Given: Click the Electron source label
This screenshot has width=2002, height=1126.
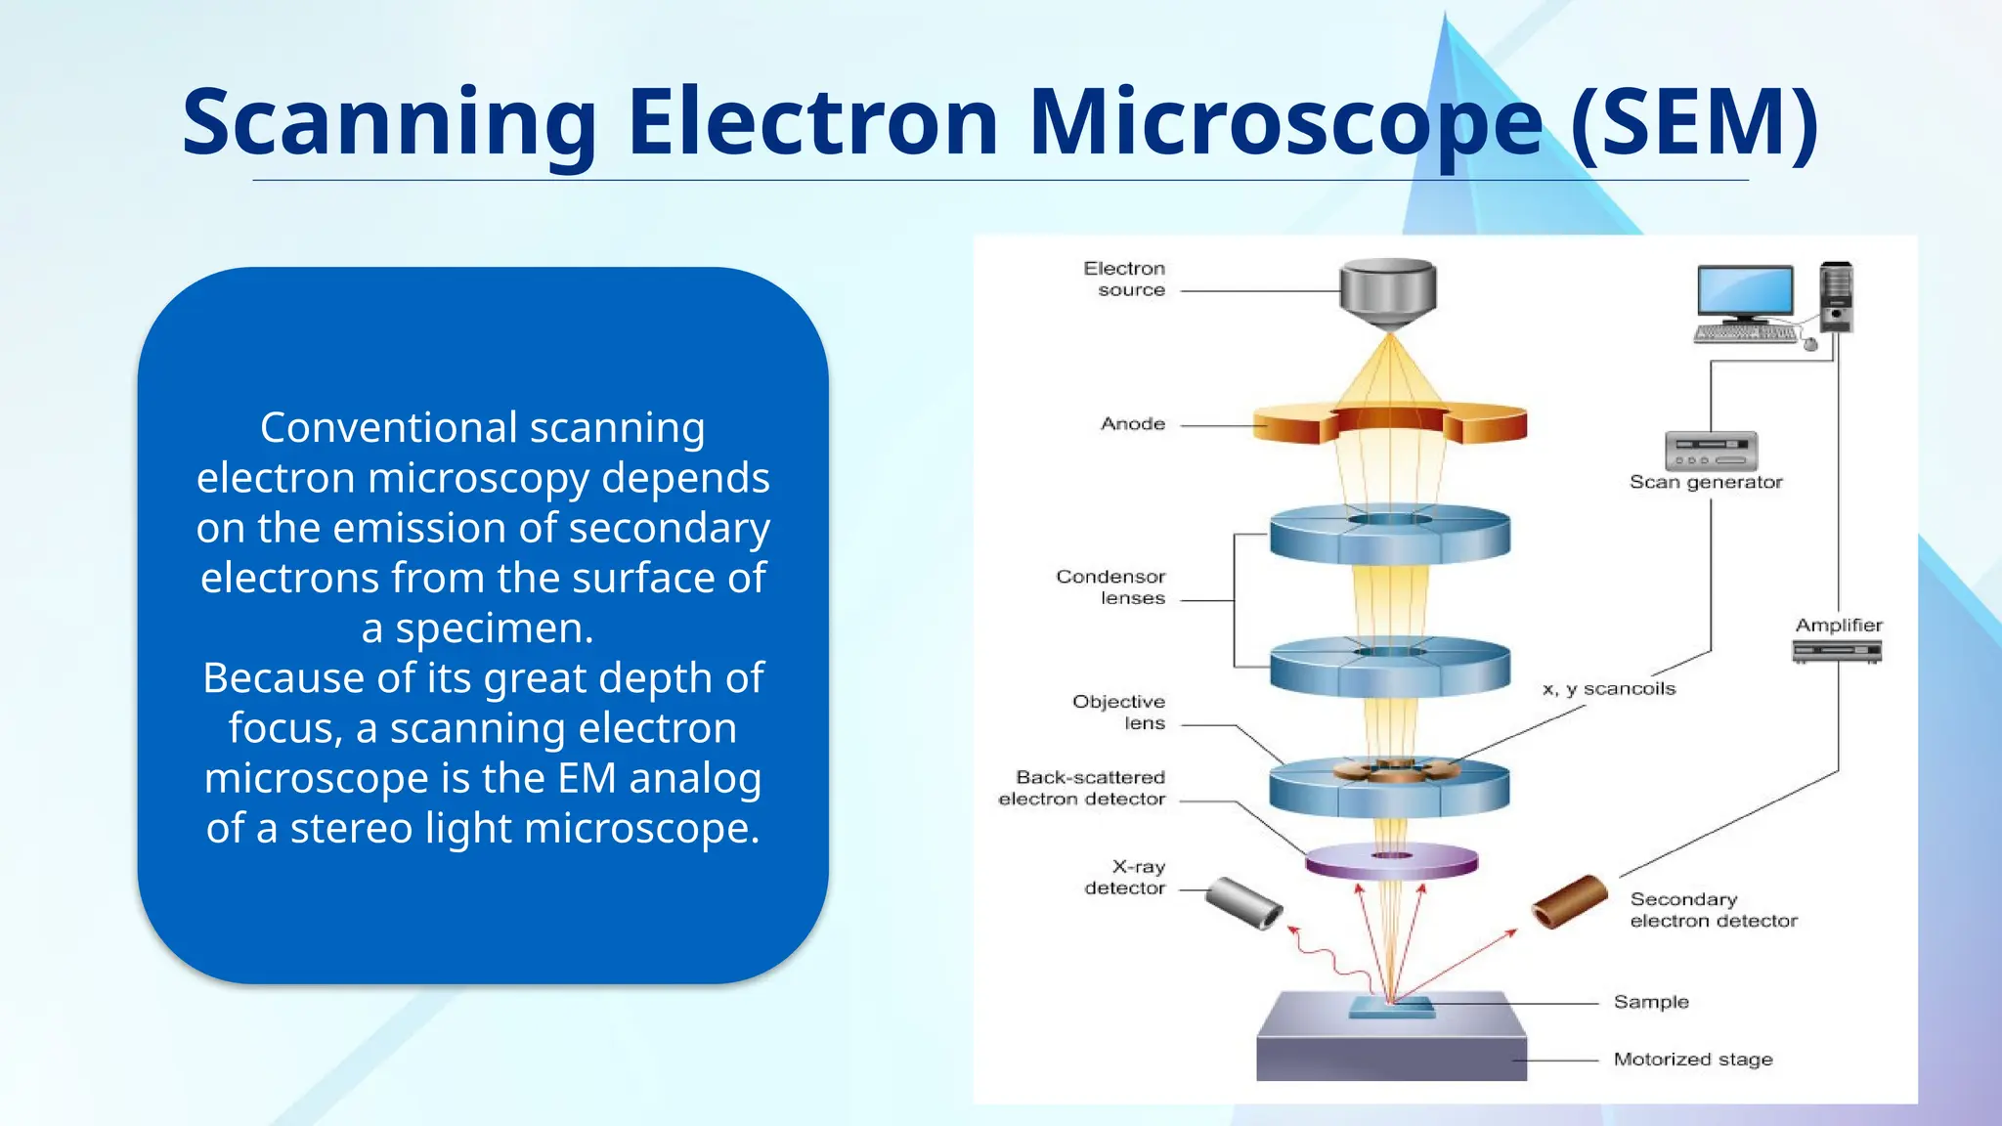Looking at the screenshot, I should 1124,279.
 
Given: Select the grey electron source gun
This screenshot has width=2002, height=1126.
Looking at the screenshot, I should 1388,291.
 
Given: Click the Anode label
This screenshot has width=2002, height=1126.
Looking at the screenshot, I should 1133,424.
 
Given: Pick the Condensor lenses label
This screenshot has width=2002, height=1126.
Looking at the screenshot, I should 1111,587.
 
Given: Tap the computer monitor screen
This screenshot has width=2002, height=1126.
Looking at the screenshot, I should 1745,290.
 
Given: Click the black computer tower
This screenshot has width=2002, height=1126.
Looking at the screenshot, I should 1836,297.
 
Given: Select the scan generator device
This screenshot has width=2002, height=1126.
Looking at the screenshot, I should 1711,452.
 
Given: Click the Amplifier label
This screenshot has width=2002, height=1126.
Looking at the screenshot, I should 1838,626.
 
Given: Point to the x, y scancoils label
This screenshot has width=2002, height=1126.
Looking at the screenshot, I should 1609,689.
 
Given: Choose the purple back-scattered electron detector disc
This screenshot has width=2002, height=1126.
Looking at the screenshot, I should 1391,860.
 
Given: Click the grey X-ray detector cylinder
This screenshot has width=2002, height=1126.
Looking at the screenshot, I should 1243,903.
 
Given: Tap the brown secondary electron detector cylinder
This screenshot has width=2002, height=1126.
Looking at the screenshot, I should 1570,901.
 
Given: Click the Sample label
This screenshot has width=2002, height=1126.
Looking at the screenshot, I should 1651,1002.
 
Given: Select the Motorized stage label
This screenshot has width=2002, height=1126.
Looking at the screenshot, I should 1692,1060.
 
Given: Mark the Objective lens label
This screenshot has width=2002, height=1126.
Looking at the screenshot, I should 1119,713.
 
